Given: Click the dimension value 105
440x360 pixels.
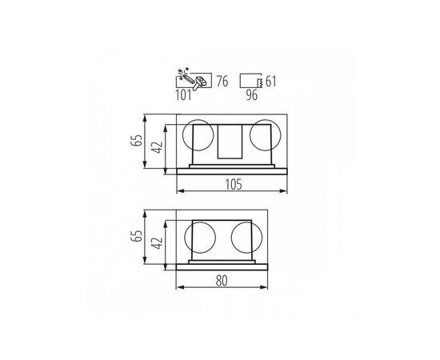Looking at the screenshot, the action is (233, 185).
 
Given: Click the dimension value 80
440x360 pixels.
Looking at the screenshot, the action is (222, 281).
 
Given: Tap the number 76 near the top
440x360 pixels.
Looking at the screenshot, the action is (222, 82).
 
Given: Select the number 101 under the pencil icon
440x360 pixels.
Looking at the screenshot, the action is (183, 95).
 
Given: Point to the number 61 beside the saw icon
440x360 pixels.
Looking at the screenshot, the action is (270, 82).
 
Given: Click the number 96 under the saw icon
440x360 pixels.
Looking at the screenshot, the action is (252, 95).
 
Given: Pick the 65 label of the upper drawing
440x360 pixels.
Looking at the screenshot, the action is (137, 140).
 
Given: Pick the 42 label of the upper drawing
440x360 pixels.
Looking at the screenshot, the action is (157, 147).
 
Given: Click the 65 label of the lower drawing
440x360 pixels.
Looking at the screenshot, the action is (137, 236).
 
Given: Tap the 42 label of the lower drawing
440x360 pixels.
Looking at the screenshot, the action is (157, 243).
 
